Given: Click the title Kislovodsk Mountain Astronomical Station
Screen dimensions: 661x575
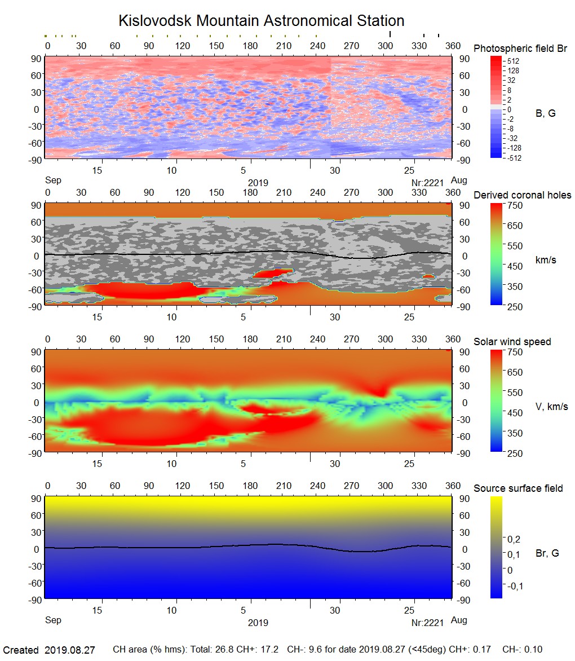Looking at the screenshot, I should (x=261, y=21).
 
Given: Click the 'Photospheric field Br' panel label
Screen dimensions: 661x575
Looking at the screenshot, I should (x=520, y=49).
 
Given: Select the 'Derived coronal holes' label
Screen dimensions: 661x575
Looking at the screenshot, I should (x=522, y=195).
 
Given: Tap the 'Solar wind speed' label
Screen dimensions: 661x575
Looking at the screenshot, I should (x=512, y=342).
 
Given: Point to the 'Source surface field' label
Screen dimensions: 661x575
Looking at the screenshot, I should (x=518, y=488).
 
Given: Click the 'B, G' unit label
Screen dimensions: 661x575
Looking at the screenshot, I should (x=545, y=113).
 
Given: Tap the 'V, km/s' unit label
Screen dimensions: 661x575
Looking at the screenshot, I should (x=551, y=407).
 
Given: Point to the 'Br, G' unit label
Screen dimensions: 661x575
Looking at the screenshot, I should (x=547, y=553).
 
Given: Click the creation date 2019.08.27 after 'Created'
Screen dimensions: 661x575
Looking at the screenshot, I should (x=70, y=650).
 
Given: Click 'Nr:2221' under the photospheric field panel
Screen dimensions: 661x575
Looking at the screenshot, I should (x=428, y=183).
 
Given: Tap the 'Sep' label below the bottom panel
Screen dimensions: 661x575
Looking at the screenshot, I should (x=53, y=620).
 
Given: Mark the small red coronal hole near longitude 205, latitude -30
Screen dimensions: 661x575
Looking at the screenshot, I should (x=273, y=274).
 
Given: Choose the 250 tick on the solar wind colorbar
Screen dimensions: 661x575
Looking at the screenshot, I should (x=516, y=453).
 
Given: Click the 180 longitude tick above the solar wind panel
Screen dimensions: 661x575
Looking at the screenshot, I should (x=250, y=340).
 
